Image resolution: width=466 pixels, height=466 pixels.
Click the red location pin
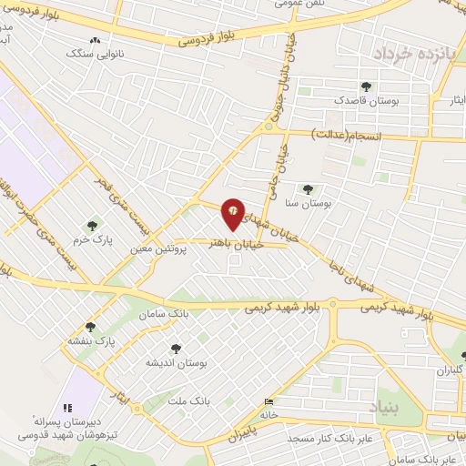[x=234, y=214]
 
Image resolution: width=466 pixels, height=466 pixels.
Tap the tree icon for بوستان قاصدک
[x=365, y=87]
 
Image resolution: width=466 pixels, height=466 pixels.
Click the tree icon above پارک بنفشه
[x=90, y=327]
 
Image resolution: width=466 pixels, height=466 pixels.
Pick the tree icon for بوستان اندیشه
[x=175, y=348]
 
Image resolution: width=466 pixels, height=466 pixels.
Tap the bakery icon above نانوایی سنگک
[x=96, y=40]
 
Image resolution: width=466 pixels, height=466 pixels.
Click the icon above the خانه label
[x=267, y=402]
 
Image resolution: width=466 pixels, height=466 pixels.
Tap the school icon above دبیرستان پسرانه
[x=66, y=408]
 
